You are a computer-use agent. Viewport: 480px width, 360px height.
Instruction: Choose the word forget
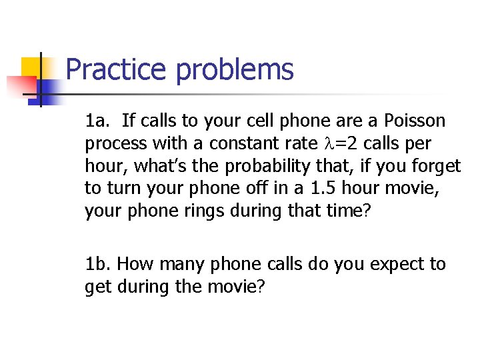click(x=436, y=166)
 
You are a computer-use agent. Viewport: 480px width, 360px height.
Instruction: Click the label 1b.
click(x=99, y=265)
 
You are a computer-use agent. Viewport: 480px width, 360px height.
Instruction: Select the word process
click(x=111, y=143)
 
